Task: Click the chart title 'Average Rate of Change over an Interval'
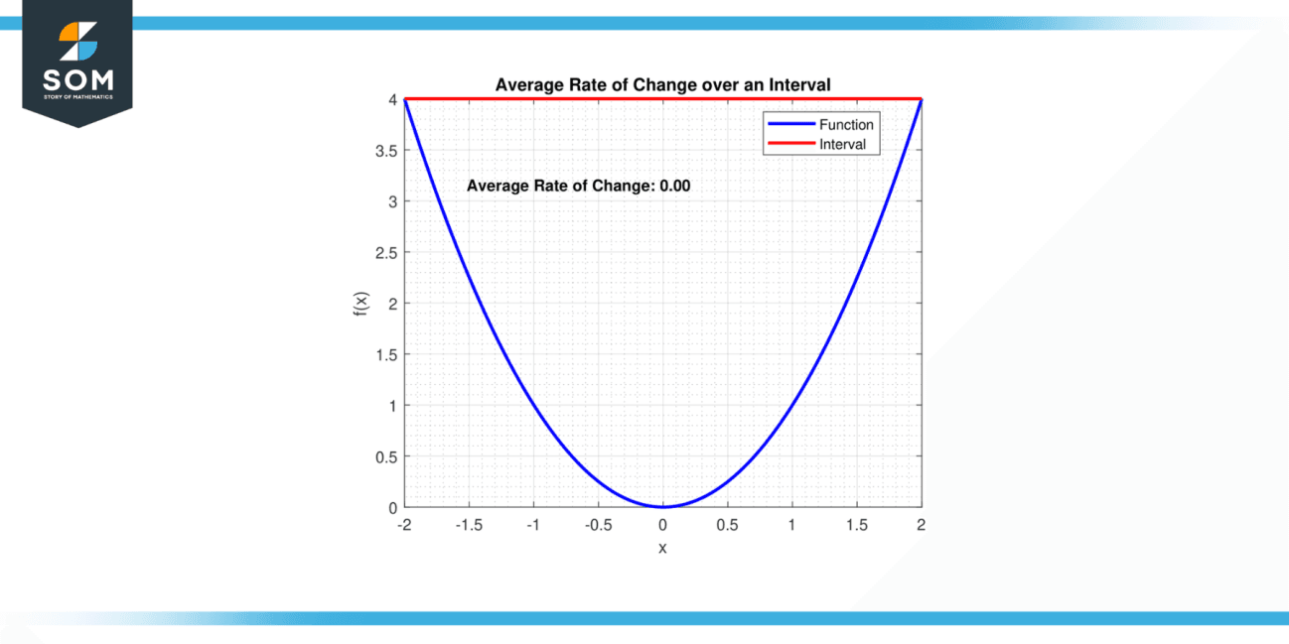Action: click(x=662, y=86)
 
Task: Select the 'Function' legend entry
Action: click(x=845, y=125)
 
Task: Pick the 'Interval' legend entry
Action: click(x=842, y=145)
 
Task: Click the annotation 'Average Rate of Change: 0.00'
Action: click(x=578, y=186)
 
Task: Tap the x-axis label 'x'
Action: click(x=662, y=548)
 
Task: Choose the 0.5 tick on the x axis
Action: click(x=727, y=525)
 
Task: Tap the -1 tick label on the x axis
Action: click(x=533, y=525)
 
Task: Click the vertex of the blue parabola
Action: click(x=662, y=506)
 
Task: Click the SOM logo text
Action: click(x=77, y=79)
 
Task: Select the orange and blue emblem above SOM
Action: click(x=78, y=41)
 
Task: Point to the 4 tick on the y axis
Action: click(x=392, y=100)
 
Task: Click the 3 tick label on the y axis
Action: click(x=392, y=201)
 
